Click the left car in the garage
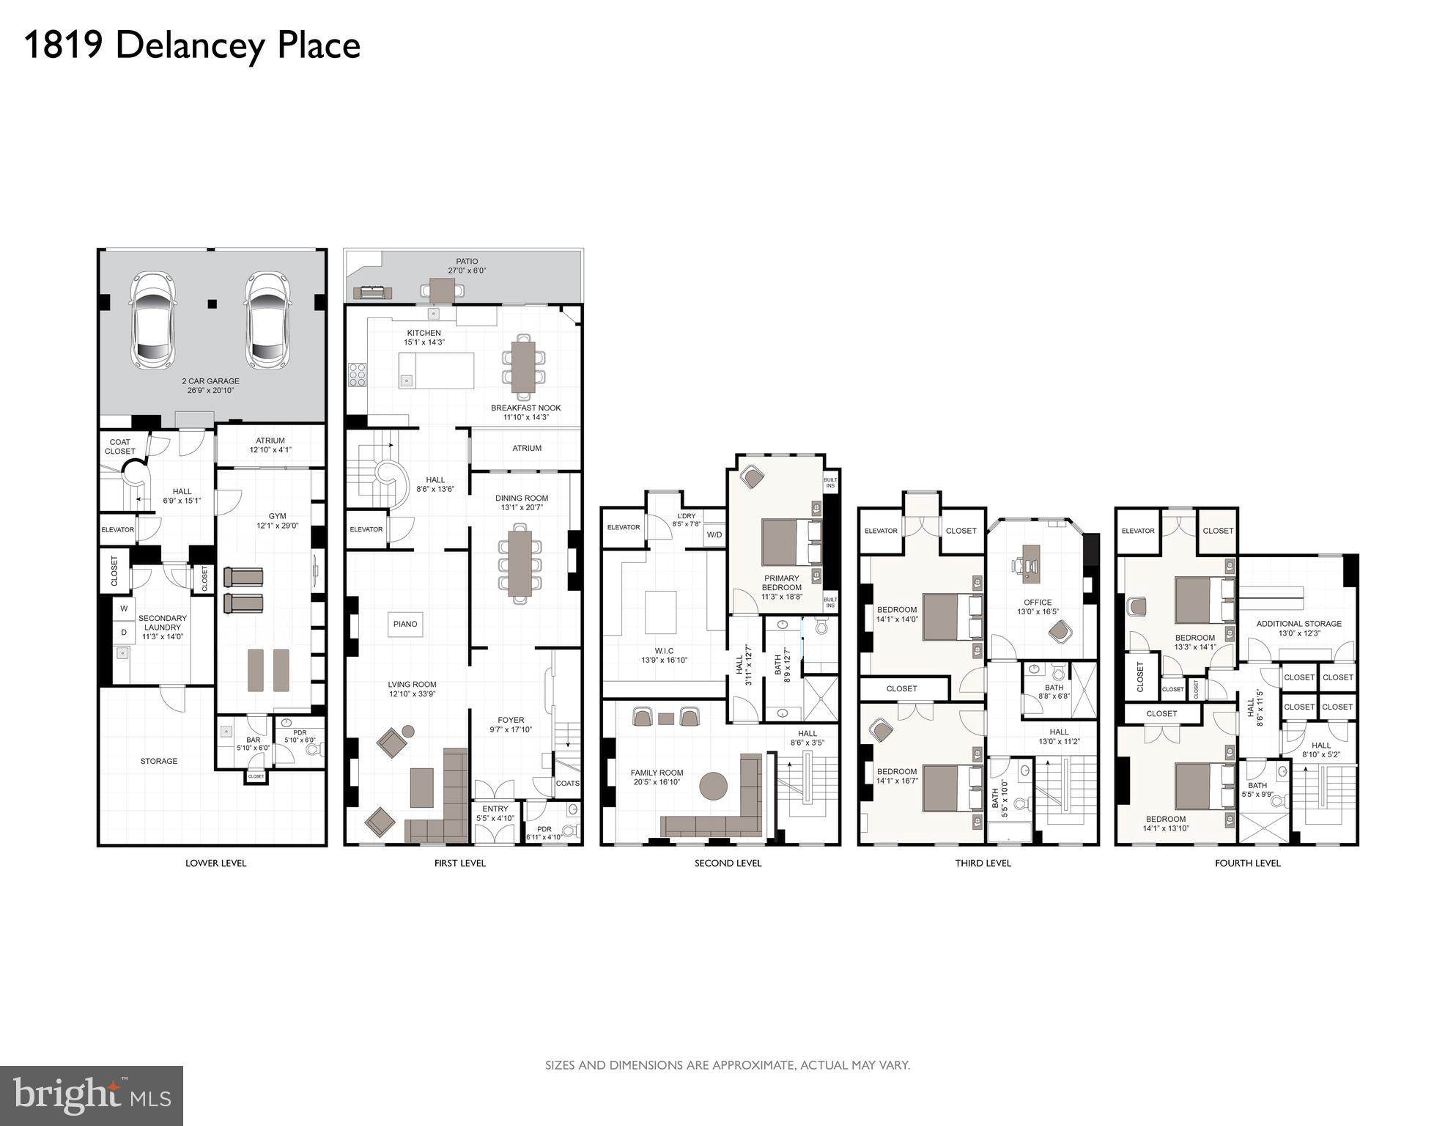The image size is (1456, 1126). (x=152, y=320)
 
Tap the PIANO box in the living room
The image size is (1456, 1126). (x=405, y=624)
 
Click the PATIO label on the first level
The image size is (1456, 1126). (x=467, y=262)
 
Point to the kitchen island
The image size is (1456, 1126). (x=436, y=370)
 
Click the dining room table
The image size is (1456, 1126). (x=520, y=562)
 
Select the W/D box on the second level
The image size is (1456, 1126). (x=714, y=535)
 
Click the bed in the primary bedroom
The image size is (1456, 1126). (x=791, y=542)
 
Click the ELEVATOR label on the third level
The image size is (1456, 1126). (x=881, y=531)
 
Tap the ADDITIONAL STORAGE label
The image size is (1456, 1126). (x=1299, y=624)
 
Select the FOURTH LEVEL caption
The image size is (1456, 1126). (x=1247, y=863)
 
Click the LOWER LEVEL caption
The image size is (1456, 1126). (x=215, y=863)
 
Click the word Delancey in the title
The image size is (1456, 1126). (x=189, y=45)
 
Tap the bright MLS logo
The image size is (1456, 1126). (x=92, y=1095)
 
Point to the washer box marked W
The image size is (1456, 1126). (x=124, y=608)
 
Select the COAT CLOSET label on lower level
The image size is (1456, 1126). (x=119, y=446)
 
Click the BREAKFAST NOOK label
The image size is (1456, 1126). (x=525, y=408)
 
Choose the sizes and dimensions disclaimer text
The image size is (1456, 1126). (x=727, y=1065)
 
